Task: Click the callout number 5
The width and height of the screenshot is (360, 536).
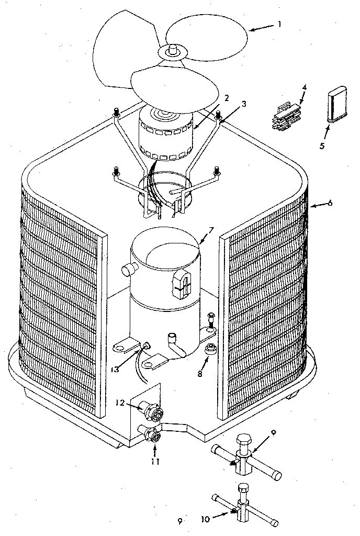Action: tap(322, 146)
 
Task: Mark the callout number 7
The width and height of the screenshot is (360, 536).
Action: tap(211, 230)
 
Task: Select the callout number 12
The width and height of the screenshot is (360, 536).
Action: tap(119, 403)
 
